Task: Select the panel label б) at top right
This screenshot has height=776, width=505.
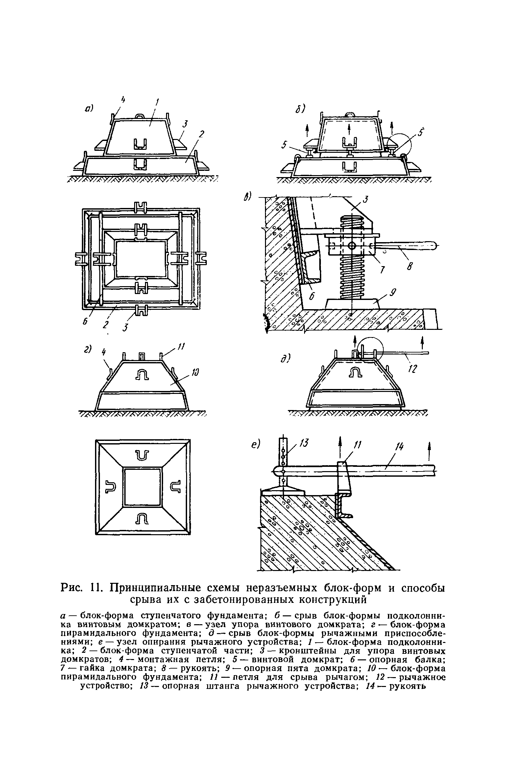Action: click(x=300, y=108)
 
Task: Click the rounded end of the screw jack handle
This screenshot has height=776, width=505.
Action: click(x=433, y=245)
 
